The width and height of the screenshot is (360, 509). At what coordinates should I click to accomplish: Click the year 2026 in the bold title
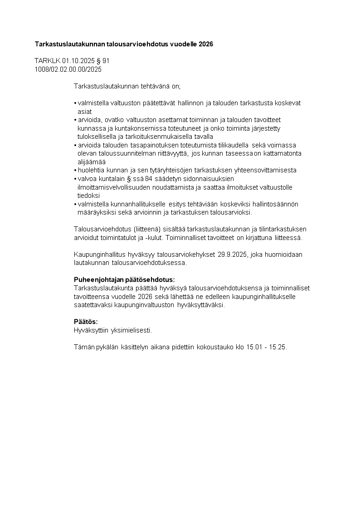tap(204, 44)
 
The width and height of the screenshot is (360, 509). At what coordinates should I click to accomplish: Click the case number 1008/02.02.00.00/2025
tap(68, 69)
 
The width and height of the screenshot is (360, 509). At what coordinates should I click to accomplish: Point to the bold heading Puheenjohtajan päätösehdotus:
tap(124, 279)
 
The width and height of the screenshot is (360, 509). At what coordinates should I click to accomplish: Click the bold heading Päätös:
tap(86, 322)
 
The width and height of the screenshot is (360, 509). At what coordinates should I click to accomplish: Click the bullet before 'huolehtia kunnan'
tap(75, 170)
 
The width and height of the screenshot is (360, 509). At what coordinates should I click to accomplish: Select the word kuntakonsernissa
tap(131, 128)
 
